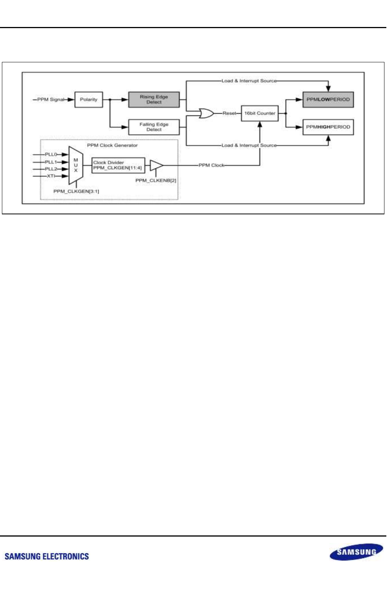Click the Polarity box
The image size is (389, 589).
[x=89, y=100]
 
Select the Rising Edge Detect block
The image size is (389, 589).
[x=154, y=100]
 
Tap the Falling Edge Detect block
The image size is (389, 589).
[x=154, y=127]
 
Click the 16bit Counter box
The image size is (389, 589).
[x=260, y=113]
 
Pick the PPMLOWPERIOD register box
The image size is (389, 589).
[x=328, y=100]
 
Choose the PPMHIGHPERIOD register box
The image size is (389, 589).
[x=328, y=127]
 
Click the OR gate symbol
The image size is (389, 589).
[x=206, y=113]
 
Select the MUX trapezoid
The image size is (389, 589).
[x=76, y=165]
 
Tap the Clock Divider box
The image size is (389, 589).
[x=118, y=165]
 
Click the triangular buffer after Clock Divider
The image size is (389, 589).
[x=156, y=165]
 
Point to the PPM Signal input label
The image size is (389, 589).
[x=51, y=100]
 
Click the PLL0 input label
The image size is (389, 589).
[x=51, y=155]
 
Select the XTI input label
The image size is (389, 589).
[x=51, y=176]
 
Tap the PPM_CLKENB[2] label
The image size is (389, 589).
[x=156, y=180]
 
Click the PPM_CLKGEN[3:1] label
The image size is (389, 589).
[x=76, y=191]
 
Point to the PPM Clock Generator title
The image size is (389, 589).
[x=112, y=146]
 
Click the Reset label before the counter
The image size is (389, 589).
[x=229, y=113]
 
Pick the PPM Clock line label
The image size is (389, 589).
[x=212, y=165]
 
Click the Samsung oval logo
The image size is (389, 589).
[x=356, y=552]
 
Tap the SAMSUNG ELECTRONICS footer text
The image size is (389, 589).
[x=47, y=557]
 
